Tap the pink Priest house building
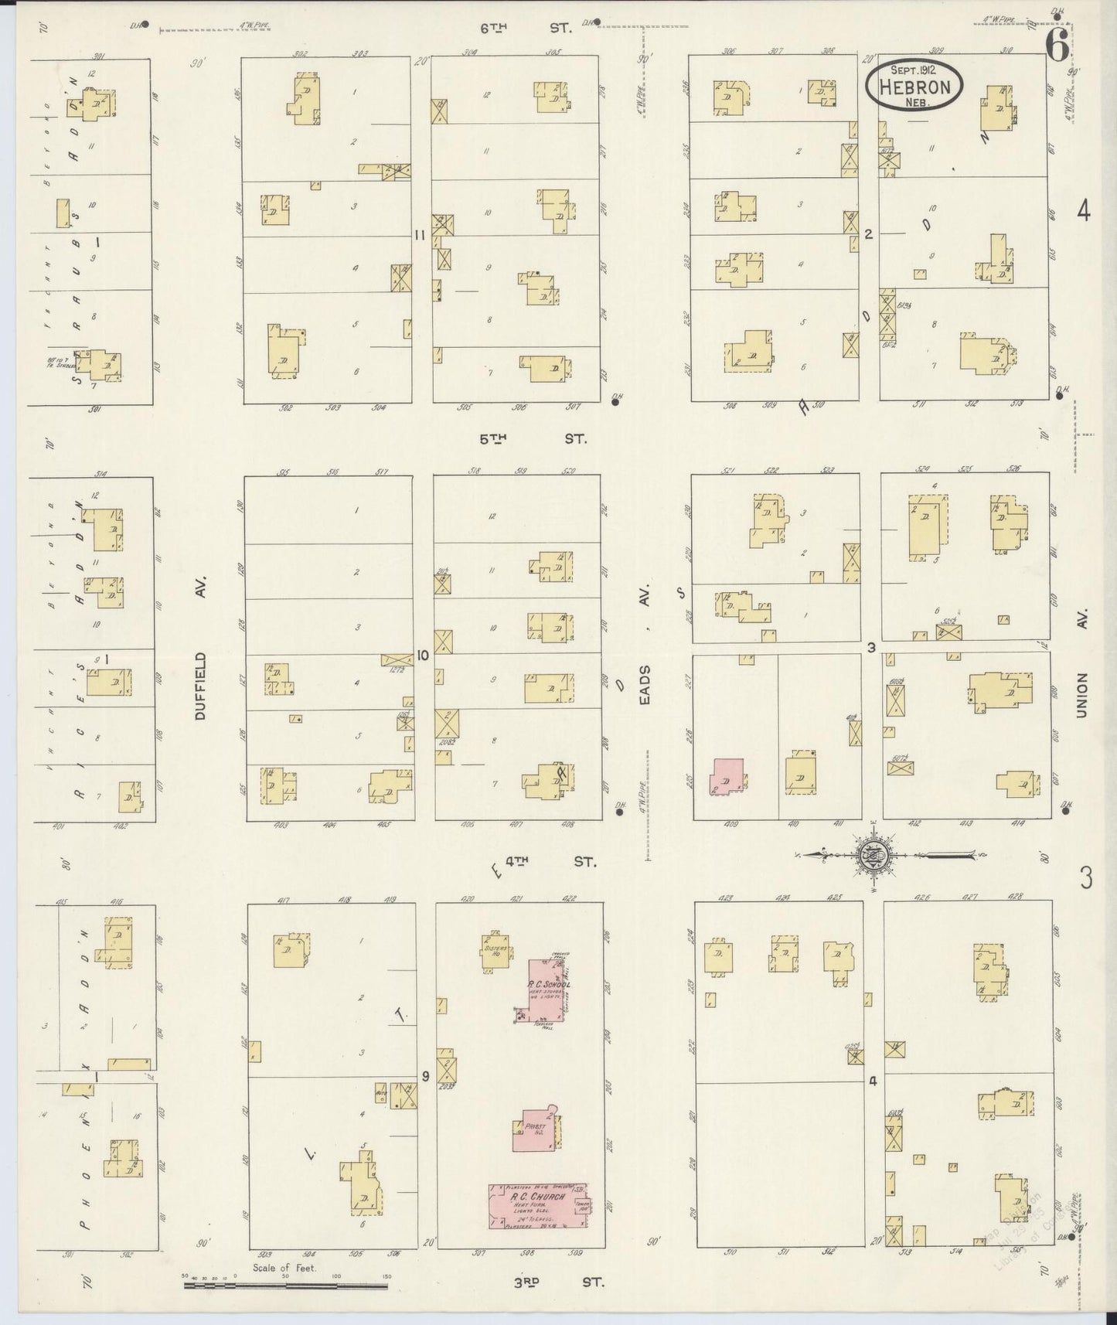pyautogui.click(x=533, y=1129)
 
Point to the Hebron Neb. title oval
pyautogui.click(x=914, y=85)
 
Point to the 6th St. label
pyautogui.click(x=526, y=28)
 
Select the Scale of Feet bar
pyautogui.click(x=285, y=1286)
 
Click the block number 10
pyautogui.click(x=423, y=656)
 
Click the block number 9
pyautogui.click(x=425, y=1076)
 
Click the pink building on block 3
pyautogui.click(x=727, y=776)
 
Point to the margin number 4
pyautogui.click(x=1084, y=210)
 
